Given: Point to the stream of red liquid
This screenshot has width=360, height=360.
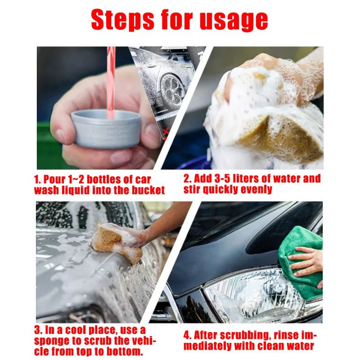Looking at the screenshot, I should click(x=110, y=81).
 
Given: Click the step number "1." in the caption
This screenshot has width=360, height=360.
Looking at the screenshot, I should click(x=38, y=179).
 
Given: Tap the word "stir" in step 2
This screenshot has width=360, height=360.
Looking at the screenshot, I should click(x=193, y=189).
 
